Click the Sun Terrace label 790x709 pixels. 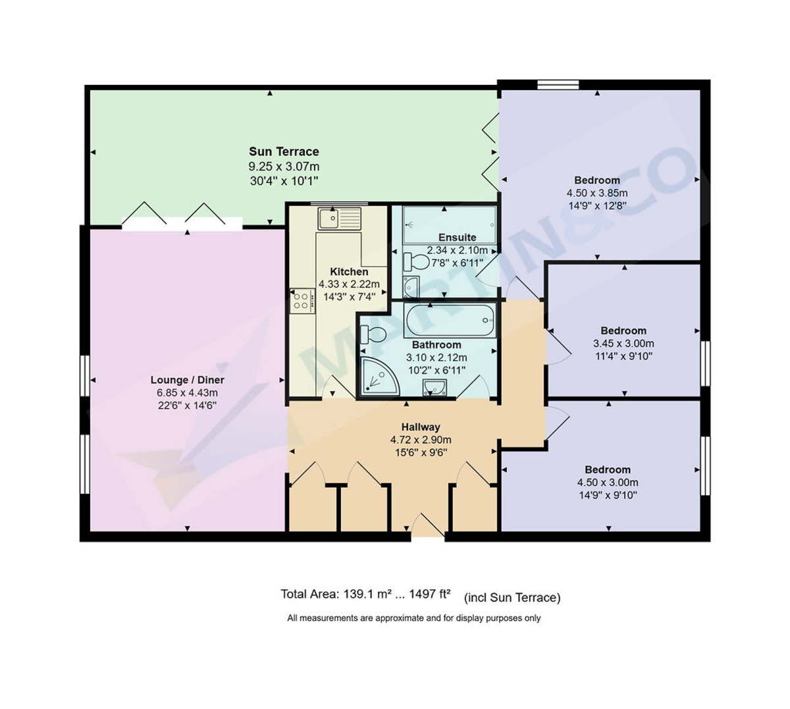[284, 151]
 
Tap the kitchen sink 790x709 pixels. [339, 219]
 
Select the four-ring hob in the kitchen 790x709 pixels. [302, 300]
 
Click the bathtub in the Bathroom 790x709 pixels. [450, 320]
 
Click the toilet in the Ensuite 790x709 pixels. [415, 262]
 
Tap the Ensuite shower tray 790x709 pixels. [450, 225]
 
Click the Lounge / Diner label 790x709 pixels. [187, 380]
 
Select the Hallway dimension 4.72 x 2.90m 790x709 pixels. [421, 440]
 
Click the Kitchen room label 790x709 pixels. [349, 271]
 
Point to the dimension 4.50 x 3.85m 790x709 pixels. [597, 193]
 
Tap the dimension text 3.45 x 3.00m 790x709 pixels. [623, 344]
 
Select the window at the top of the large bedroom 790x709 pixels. [558, 85]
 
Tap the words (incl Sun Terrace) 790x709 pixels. [512, 598]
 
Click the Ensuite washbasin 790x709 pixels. [411, 286]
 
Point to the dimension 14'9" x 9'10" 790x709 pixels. [608, 495]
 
